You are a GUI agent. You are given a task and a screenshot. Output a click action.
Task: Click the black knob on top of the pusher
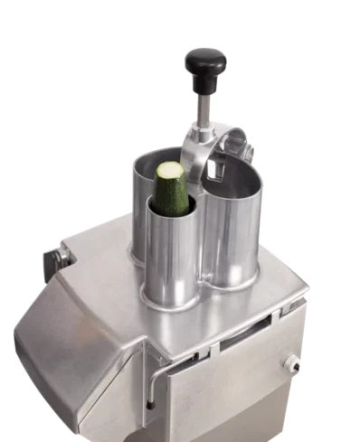coord(204,65)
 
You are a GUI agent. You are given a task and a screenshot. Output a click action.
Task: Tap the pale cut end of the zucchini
coord(170,170)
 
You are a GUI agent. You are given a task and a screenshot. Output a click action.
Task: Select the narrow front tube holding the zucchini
coord(170,258)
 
